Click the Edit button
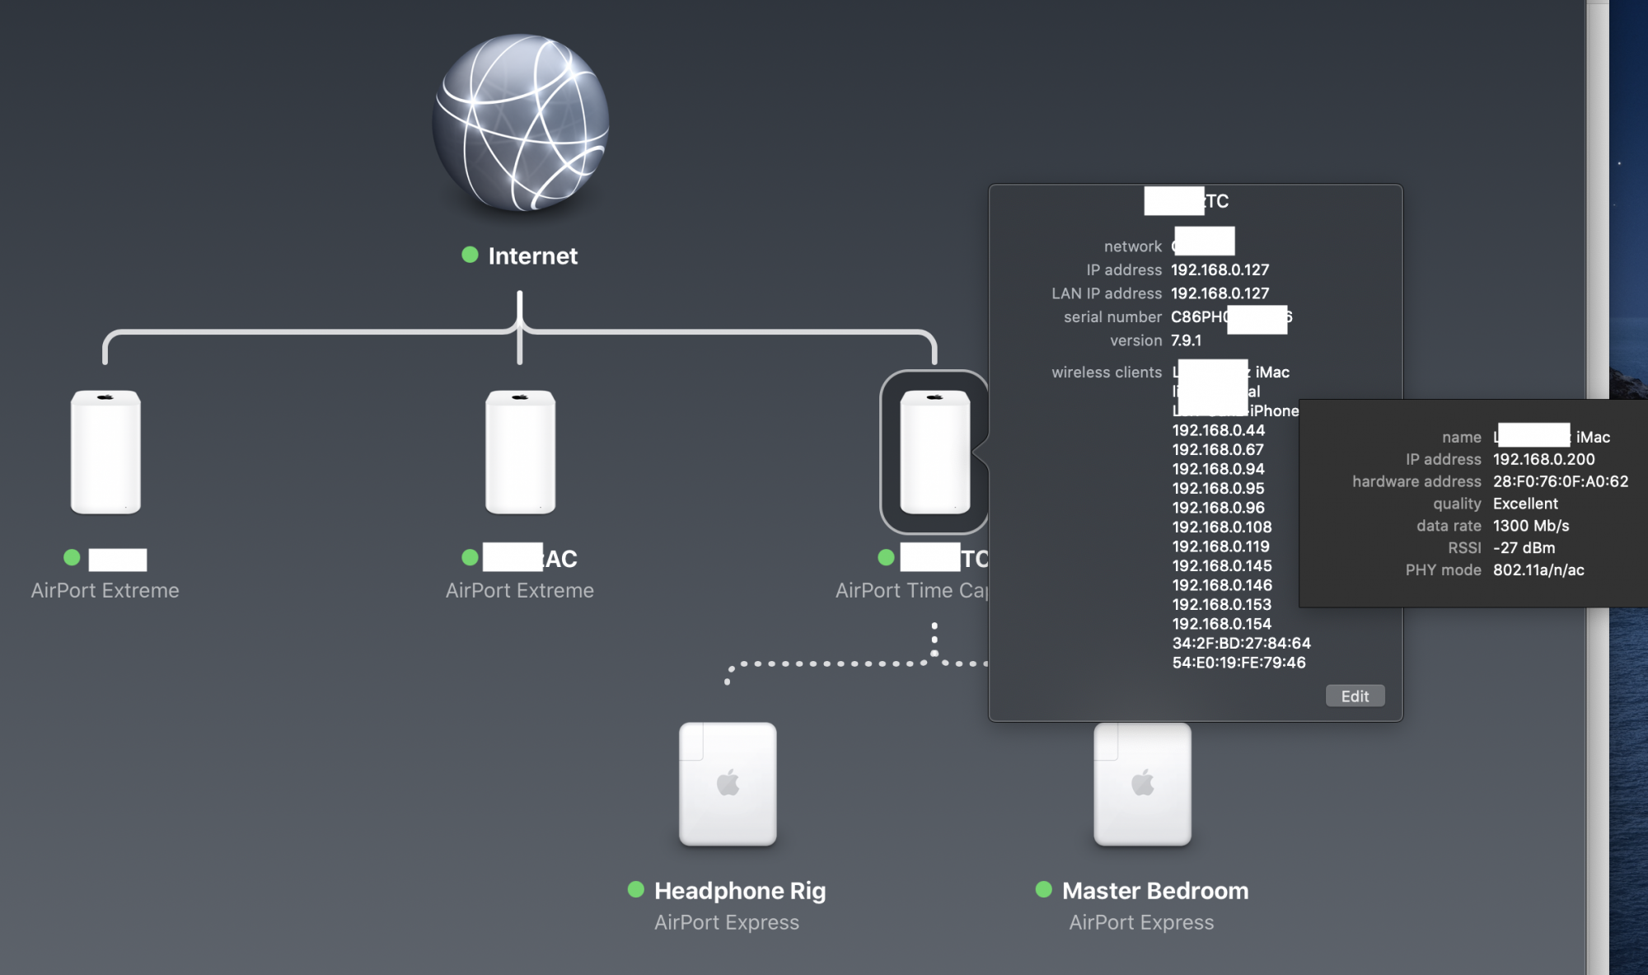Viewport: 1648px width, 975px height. coord(1355,696)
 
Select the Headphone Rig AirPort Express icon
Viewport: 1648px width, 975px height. coord(728,784)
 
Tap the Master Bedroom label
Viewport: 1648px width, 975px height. coord(1154,891)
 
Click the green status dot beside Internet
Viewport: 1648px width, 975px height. coord(470,255)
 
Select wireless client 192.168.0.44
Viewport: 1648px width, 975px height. coord(1218,430)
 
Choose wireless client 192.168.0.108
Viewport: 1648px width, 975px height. coord(1221,527)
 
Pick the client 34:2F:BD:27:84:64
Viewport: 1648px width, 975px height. coord(1241,643)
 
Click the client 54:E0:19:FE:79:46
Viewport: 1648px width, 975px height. coord(1238,663)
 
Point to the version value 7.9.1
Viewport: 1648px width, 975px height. coord(1186,340)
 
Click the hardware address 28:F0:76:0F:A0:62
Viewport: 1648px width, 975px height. coord(1560,481)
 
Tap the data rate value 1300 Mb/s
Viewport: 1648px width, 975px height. coord(1530,526)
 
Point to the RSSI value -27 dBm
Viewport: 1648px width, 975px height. coord(1524,548)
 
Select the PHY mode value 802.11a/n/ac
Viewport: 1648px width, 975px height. coord(1538,570)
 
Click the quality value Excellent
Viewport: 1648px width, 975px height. coord(1524,504)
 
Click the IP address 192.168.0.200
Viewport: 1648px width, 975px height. coord(1543,459)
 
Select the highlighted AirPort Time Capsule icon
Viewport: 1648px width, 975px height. coord(934,452)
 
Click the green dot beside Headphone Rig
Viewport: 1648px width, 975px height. coord(635,889)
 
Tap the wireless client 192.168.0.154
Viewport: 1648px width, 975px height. coord(1221,624)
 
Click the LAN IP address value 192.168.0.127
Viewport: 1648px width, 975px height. coord(1220,293)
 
